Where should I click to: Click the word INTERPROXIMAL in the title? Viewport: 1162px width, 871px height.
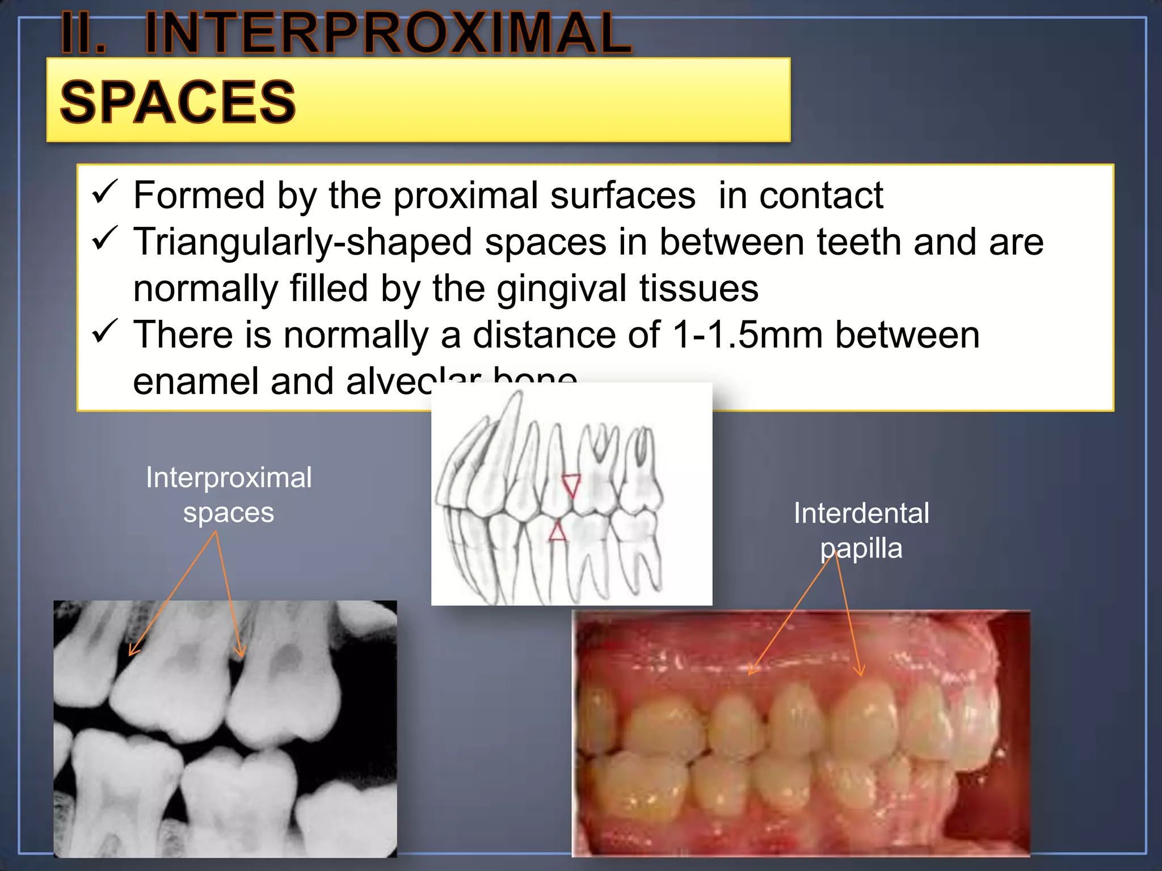pos(388,34)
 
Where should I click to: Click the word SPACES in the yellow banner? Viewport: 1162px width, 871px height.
pos(178,103)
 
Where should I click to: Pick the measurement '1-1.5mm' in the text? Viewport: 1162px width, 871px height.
pos(747,335)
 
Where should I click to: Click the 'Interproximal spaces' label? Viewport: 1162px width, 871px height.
pos(229,494)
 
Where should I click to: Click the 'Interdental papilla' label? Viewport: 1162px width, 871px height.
pos(861,530)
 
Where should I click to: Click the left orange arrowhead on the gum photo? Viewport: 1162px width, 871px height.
pos(752,670)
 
